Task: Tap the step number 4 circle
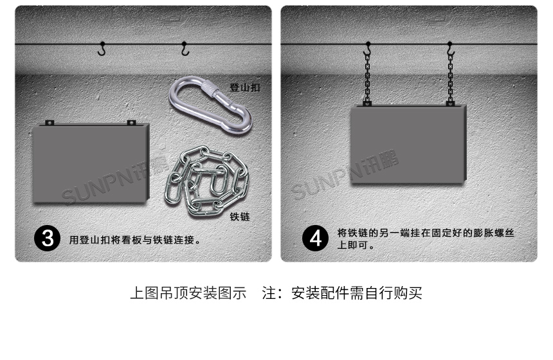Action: point(315,239)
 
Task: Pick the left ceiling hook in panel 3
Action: point(102,48)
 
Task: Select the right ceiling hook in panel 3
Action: point(185,49)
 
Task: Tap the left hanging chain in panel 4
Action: point(367,77)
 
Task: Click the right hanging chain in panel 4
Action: point(450,77)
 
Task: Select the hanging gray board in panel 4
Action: point(407,145)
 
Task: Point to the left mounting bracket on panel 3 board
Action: point(49,122)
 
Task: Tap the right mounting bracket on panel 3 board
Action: point(131,122)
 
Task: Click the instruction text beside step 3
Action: point(135,240)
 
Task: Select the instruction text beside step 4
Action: point(424,239)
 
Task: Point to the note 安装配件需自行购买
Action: point(357,294)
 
